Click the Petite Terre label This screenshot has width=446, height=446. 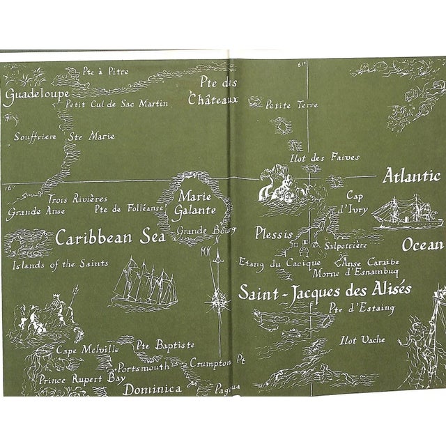(x=292, y=105)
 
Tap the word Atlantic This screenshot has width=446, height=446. (x=411, y=176)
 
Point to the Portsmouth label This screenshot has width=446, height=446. (x=144, y=367)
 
